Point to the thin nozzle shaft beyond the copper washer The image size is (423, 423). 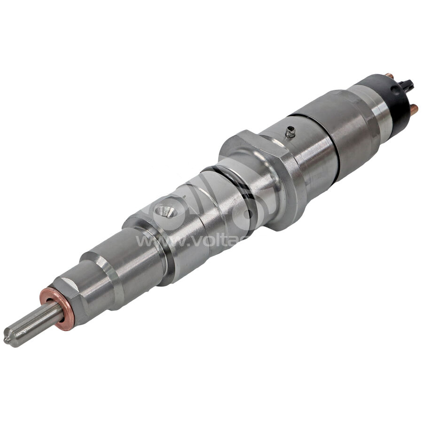pyautogui.click(x=31, y=324)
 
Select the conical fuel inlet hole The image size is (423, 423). pyautogui.click(x=165, y=212)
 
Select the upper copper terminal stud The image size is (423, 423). pyautogui.click(x=389, y=76)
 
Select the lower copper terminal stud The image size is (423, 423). pyautogui.click(x=413, y=111)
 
